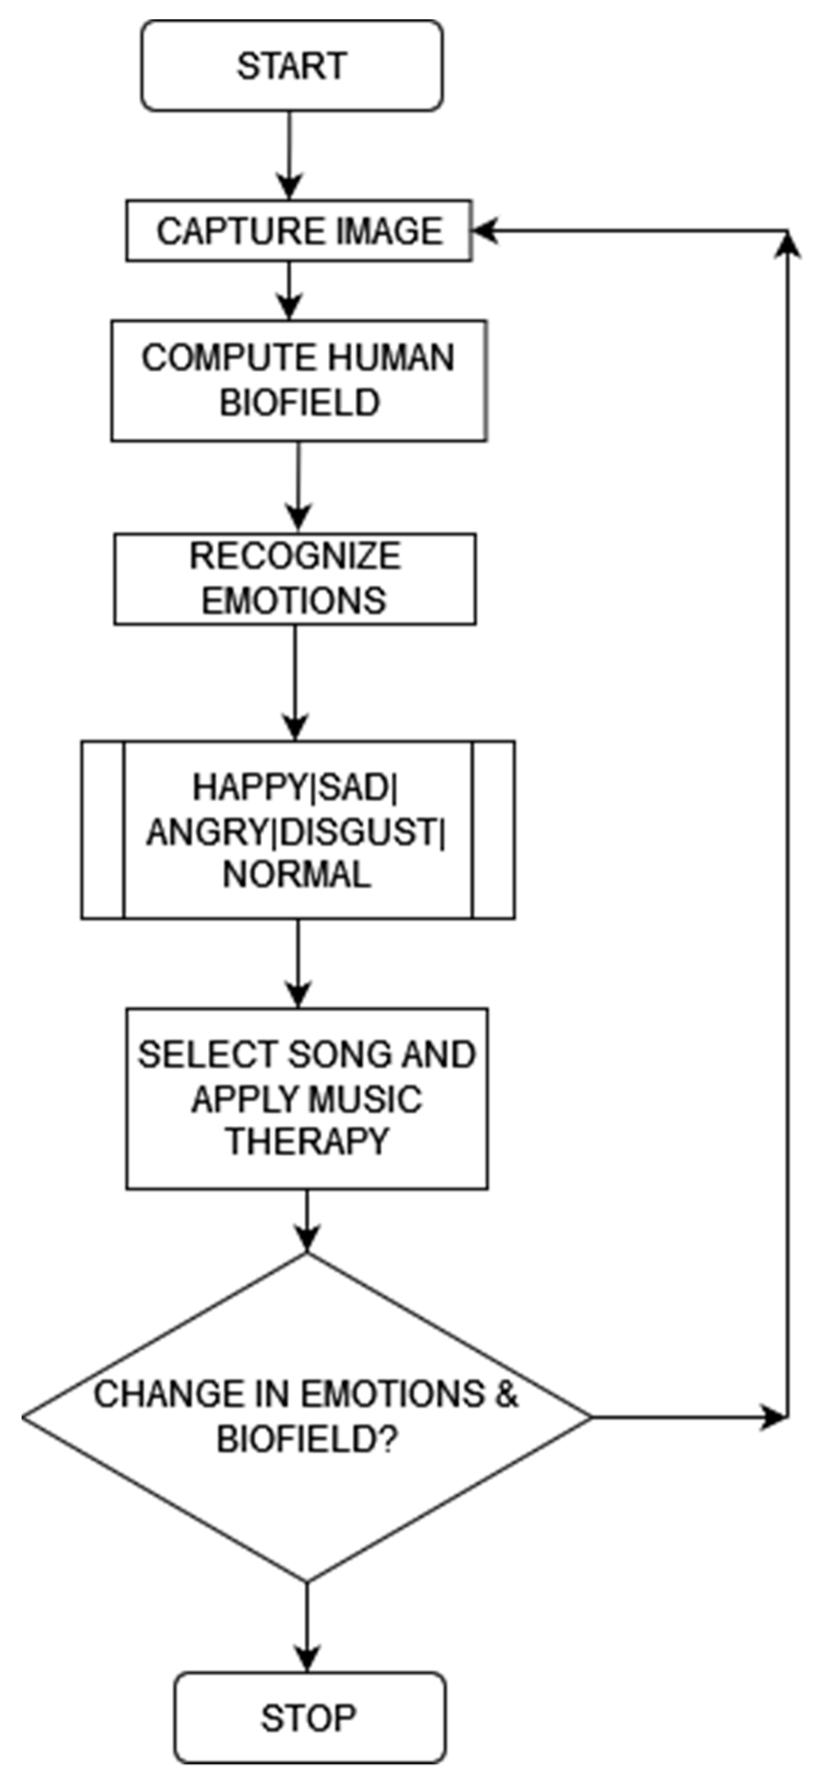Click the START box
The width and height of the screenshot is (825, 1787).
pos(292,66)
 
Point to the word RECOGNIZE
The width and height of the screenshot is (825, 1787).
pos(295,556)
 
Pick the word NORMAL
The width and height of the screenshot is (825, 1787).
pos(297,875)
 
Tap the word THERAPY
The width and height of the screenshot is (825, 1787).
pos(308,1141)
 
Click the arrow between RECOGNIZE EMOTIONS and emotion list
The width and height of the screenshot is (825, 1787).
pos(296,683)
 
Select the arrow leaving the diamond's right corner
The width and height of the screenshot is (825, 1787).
pos(687,1417)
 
